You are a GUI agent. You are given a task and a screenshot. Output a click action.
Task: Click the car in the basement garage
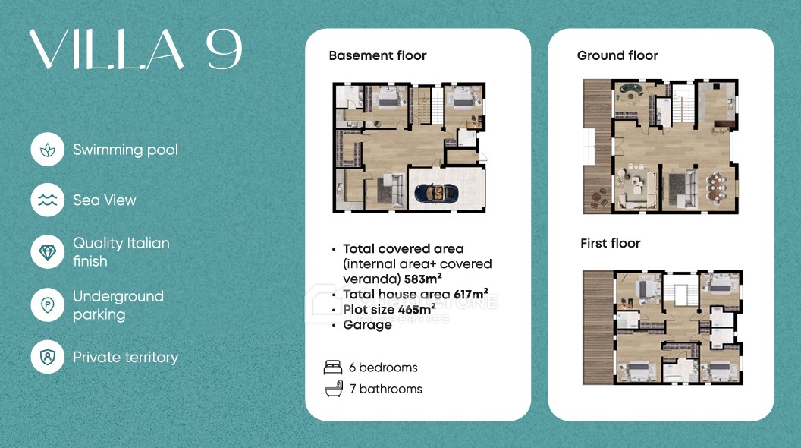point(436,194)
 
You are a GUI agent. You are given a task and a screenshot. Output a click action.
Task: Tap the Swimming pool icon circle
point(48,150)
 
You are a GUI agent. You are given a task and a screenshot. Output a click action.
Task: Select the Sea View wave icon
point(48,200)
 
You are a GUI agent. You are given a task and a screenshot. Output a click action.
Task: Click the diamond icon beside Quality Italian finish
point(48,252)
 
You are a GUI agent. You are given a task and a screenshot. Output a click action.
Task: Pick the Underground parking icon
point(48,304)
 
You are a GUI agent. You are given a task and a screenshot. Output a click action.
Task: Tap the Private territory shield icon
point(48,356)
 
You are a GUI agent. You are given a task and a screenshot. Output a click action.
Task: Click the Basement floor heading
point(378,55)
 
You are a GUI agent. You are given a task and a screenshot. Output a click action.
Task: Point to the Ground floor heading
point(617,55)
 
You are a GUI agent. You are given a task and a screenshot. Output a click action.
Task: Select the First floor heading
point(611,243)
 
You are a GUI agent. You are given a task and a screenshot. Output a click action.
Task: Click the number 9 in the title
point(224,49)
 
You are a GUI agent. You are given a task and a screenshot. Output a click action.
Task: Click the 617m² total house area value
point(471,294)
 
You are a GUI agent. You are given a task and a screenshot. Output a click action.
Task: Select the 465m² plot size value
point(417,309)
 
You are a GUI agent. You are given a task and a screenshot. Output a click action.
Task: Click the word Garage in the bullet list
point(367,325)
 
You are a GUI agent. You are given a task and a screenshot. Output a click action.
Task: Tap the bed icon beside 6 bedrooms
point(333,368)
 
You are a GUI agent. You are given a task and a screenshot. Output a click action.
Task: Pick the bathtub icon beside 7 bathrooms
point(333,389)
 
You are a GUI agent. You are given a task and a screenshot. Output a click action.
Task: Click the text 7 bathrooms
point(385,389)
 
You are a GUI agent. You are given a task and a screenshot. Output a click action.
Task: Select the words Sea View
point(105,200)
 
